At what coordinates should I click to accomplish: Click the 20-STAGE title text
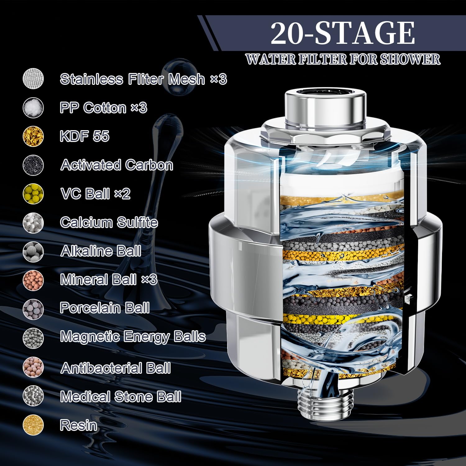point(343,33)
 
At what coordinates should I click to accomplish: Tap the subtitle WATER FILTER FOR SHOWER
point(343,59)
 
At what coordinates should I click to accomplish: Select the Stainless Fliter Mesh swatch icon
point(33,79)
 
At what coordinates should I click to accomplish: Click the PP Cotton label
point(103,107)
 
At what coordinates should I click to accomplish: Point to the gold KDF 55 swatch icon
point(33,136)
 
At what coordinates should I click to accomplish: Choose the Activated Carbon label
point(117,165)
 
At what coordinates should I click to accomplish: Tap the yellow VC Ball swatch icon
point(33,194)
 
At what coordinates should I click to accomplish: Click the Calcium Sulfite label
point(109,222)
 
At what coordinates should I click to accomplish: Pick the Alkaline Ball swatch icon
point(33,251)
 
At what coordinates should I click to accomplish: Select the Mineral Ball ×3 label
point(109,280)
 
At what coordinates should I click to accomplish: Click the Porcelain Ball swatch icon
point(33,309)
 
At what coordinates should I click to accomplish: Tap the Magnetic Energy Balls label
point(133,337)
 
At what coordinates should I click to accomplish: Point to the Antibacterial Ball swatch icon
point(33,367)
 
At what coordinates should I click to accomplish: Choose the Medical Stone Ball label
point(121,397)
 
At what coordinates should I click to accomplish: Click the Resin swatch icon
point(33,425)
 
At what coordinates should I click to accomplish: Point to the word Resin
point(79,425)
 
